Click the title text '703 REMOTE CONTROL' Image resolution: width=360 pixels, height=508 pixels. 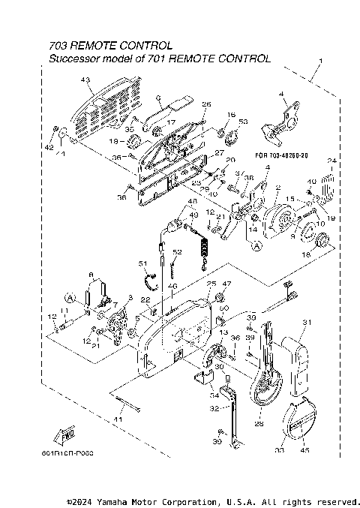(110, 46)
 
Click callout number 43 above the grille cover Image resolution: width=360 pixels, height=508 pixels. (85, 80)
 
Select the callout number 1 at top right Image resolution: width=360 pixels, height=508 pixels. (321, 59)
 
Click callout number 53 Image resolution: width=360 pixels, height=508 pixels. (242, 121)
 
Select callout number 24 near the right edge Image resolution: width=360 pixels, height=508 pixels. (332, 161)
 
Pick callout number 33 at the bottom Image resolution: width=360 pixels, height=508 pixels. (279, 451)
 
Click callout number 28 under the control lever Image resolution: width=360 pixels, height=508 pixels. (259, 424)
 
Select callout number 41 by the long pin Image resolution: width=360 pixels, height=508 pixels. (118, 419)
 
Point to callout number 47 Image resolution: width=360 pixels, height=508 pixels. (227, 284)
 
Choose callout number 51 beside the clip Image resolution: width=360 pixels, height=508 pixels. (142, 263)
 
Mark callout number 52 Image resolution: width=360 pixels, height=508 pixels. (178, 252)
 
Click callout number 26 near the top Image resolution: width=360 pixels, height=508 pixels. (206, 104)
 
